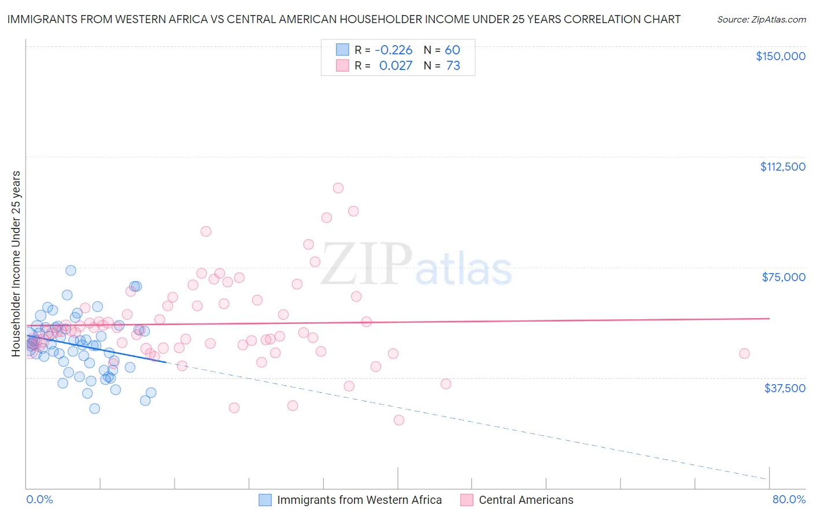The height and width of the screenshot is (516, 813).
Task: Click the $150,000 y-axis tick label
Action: point(780,56)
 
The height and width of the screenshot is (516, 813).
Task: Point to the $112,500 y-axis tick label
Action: point(782,167)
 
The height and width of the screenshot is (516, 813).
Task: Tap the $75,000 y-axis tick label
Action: point(784,277)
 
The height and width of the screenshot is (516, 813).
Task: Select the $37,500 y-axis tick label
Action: point(785,388)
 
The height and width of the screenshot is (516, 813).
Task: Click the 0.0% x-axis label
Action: point(39,499)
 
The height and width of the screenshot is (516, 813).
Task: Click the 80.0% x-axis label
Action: point(789,499)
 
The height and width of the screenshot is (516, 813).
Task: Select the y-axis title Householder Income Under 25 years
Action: point(16,263)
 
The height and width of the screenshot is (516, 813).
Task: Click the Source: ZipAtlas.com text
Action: point(761,19)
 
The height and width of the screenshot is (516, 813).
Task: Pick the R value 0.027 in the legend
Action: point(396,66)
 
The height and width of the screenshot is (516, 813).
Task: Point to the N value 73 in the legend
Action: point(453,66)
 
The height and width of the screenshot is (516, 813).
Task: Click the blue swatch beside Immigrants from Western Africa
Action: point(265,500)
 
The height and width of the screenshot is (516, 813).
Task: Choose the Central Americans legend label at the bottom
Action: point(526,500)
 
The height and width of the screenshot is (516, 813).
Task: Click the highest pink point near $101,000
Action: point(338,188)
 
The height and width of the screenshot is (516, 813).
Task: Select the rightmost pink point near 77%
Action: point(744,353)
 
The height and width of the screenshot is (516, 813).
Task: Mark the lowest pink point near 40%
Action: point(399,420)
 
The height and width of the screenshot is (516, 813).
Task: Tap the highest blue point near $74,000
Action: point(71,270)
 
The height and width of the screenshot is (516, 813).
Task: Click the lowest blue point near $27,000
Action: point(94,408)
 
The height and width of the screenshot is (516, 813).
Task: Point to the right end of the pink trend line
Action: point(769,319)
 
